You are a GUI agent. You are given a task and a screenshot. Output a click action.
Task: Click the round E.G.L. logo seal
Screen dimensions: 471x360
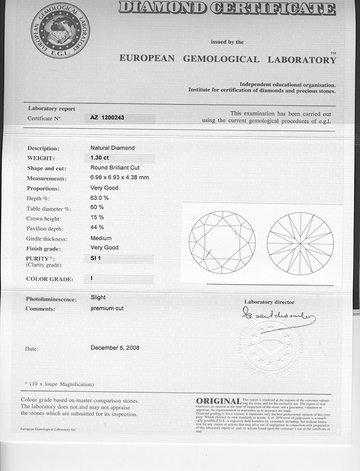(60, 30)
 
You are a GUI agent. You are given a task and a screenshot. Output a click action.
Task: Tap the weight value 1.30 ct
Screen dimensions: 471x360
(100, 158)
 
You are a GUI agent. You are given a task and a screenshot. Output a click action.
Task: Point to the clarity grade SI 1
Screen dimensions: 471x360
(96, 259)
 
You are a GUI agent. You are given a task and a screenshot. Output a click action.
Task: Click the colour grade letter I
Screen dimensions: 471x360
(92, 278)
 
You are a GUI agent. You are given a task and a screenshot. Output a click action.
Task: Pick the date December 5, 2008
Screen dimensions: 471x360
(115, 347)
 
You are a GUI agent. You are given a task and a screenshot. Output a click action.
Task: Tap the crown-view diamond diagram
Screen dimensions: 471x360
(222, 242)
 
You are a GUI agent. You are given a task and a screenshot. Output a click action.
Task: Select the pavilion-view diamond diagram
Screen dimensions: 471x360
(300, 243)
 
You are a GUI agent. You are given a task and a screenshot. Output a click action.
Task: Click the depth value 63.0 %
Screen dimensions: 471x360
(99, 198)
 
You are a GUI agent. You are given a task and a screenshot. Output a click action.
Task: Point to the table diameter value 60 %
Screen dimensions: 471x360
(97, 207)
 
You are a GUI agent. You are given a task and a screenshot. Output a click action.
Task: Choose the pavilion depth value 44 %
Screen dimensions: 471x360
(97, 228)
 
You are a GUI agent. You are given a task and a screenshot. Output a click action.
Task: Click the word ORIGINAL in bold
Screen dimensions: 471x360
(218, 402)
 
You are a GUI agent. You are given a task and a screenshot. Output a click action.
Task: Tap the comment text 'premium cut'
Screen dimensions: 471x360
(107, 308)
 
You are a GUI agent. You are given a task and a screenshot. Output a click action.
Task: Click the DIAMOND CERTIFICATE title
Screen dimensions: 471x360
(227, 9)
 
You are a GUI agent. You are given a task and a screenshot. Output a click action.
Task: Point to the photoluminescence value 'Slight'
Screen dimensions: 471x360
(98, 297)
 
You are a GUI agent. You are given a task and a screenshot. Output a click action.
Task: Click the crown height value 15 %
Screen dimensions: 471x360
(97, 218)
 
